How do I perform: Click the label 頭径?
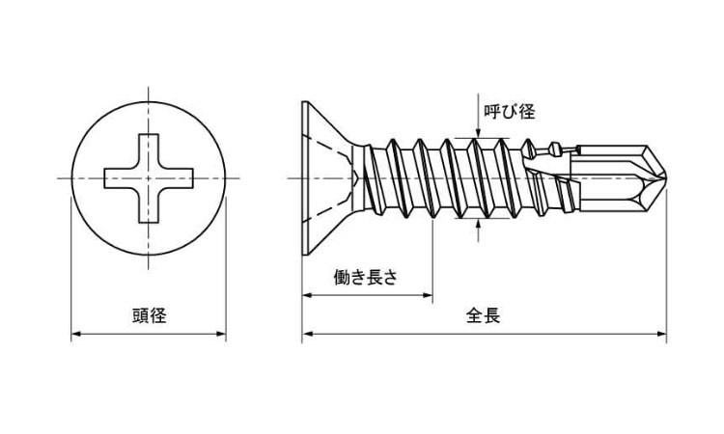point(150,315)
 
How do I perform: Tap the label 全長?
point(483,315)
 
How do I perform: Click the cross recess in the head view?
point(150,179)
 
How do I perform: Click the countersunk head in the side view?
point(323,178)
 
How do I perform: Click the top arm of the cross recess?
point(150,149)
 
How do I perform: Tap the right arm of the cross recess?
point(183,179)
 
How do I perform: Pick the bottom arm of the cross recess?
point(150,210)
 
